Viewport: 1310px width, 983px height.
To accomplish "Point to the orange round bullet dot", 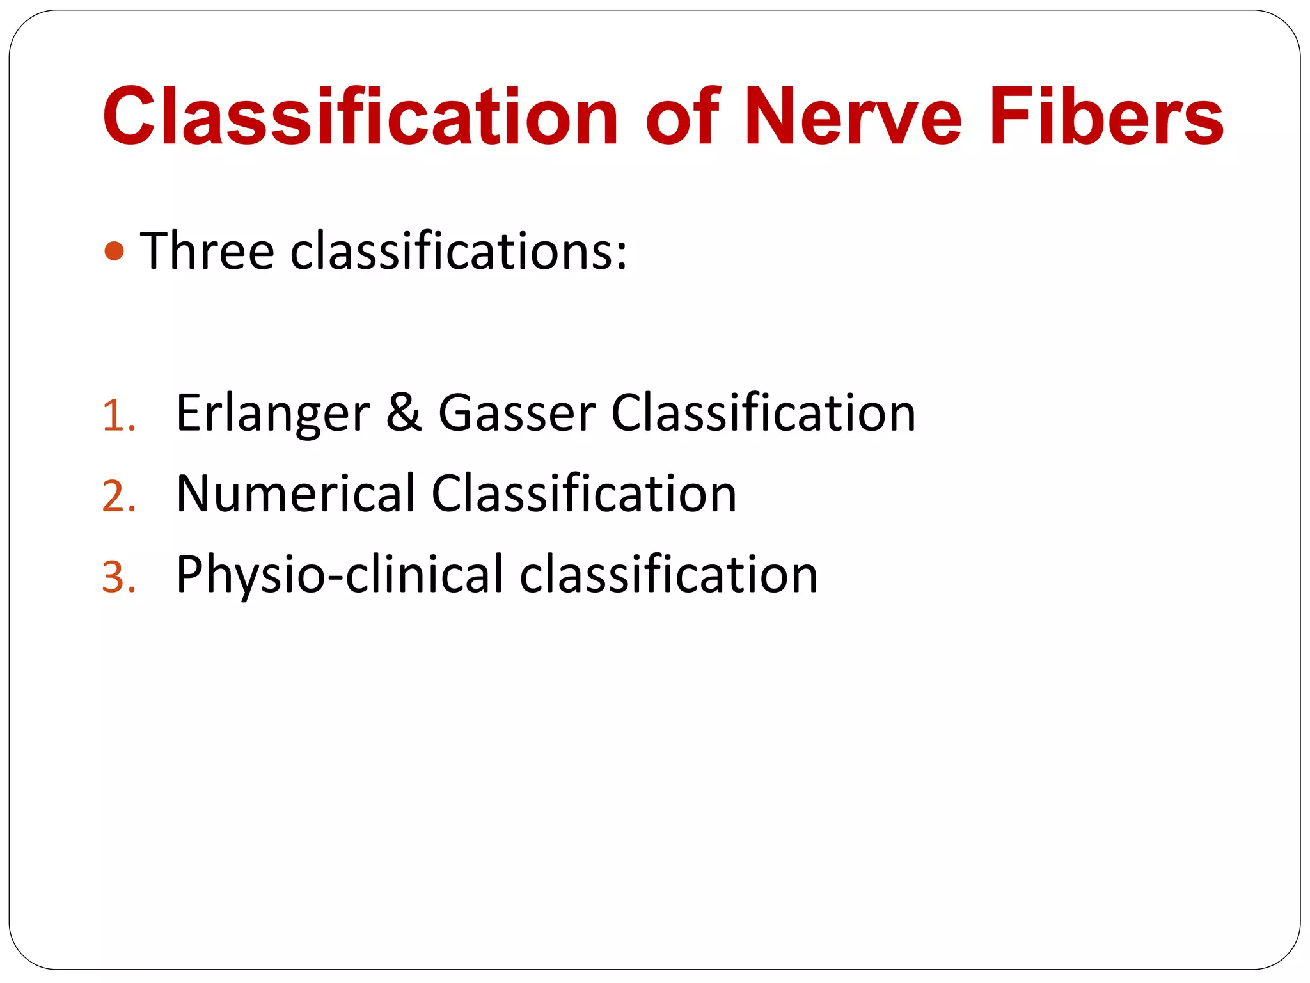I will click(x=114, y=251).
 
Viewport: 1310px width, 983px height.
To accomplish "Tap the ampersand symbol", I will click(x=404, y=413).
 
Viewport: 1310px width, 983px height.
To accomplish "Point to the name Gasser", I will click(x=517, y=413).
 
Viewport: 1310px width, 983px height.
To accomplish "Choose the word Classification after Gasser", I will click(x=763, y=413).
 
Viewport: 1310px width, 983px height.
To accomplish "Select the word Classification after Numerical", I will click(x=584, y=493).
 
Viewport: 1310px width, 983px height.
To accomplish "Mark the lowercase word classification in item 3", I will click(x=668, y=574).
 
